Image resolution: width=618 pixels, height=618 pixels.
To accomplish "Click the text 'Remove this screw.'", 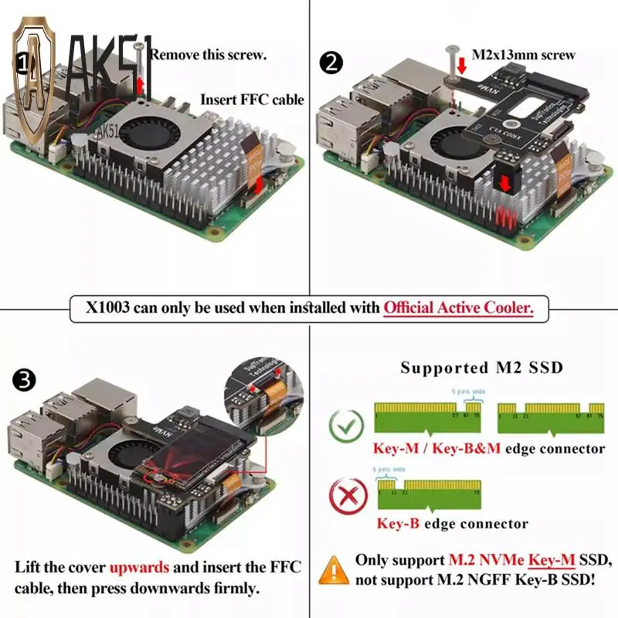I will click(209, 55).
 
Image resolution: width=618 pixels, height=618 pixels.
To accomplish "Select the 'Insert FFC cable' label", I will click(252, 100).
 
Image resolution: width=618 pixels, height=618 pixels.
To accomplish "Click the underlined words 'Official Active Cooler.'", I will click(459, 307).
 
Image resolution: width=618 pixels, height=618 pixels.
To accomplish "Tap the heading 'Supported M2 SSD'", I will click(481, 368).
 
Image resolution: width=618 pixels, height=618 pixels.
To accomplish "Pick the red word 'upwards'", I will click(139, 566).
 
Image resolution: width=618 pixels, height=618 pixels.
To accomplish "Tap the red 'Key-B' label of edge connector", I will click(398, 524).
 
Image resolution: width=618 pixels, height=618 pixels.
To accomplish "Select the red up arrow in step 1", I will click(140, 83).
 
